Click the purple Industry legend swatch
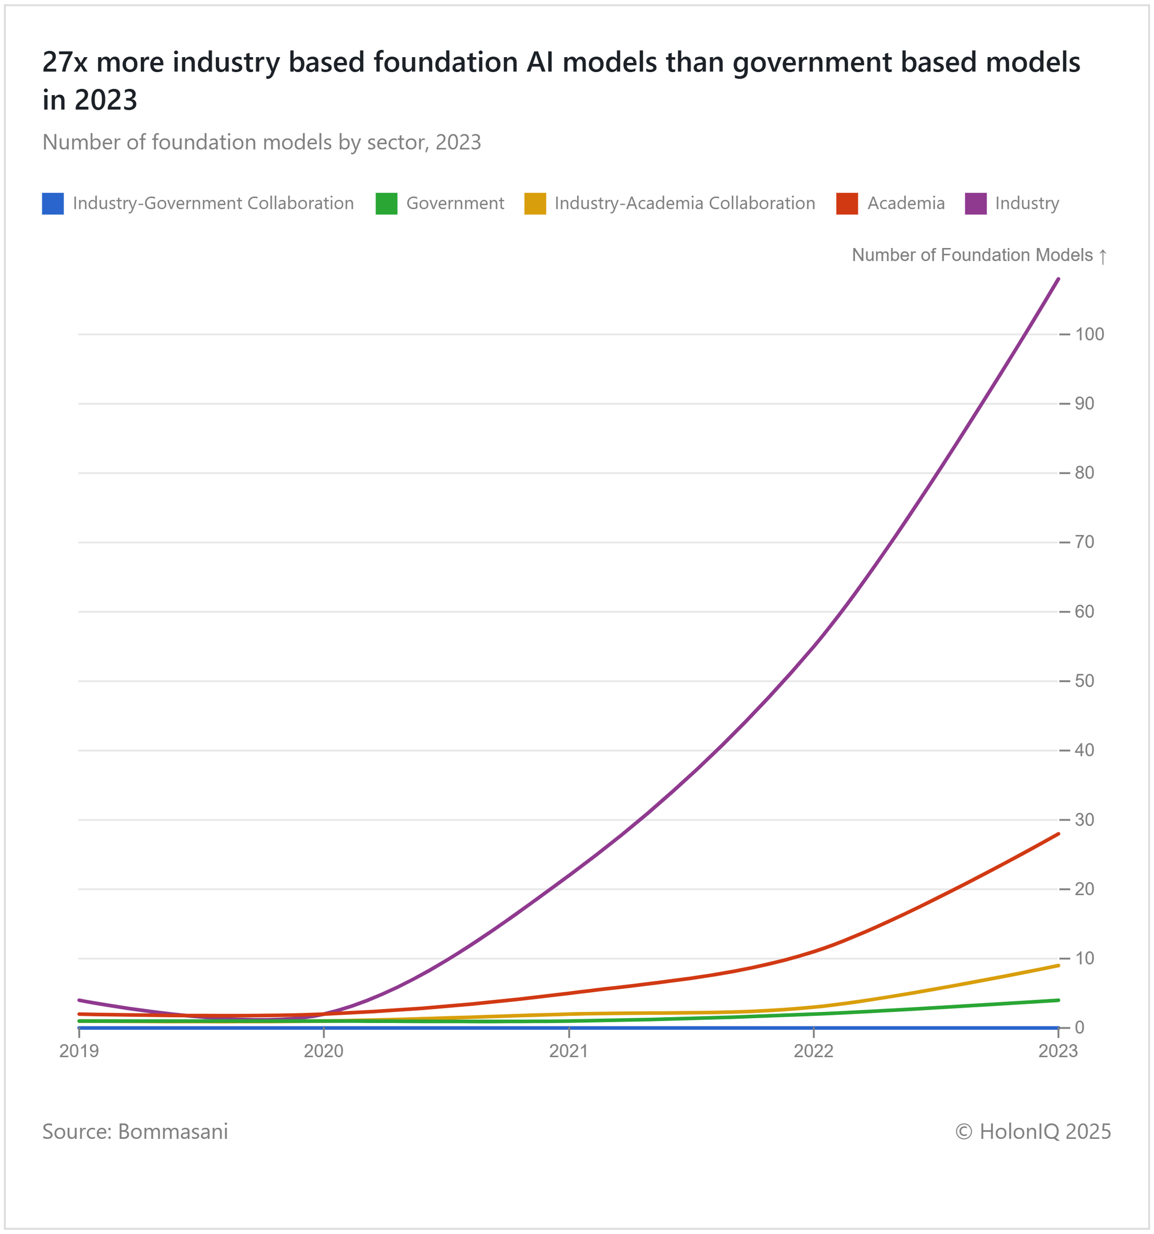[975, 204]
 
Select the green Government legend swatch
[386, 204]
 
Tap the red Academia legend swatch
[846, 204]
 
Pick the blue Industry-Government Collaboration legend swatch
[53, 204]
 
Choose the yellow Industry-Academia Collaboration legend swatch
[535, 204]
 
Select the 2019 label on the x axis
[79, 1051]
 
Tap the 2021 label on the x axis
[568, 1051]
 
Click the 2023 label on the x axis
[1058, 1051]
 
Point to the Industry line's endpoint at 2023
[1058, 279]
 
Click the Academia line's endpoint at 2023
[1058, 834]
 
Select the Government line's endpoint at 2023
[1058, 1000]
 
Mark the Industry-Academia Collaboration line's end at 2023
[1058, 965]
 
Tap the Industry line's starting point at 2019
[79, 1000]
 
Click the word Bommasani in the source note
[173, 1131]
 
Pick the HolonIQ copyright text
[1033, 1131]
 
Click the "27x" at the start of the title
[65, 62]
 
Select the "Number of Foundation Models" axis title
[972, 255]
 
